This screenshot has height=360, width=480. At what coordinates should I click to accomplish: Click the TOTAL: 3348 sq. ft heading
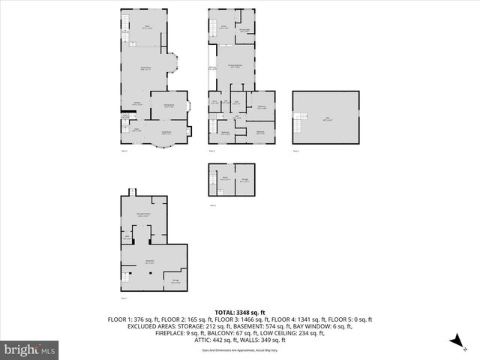[240, 312]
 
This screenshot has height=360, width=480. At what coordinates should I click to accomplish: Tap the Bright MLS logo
[29, 349]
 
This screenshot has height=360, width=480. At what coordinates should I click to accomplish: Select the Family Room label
[146, 68]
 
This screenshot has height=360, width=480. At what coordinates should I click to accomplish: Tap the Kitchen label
[138, 103]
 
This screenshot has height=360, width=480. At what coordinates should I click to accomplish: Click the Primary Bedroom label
[235, 66]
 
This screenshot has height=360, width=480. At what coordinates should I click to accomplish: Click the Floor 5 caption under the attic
[295, 151]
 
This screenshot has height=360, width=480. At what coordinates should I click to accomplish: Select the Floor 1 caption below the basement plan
[125, 298]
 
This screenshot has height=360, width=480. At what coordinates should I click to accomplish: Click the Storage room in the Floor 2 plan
[244, 179]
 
